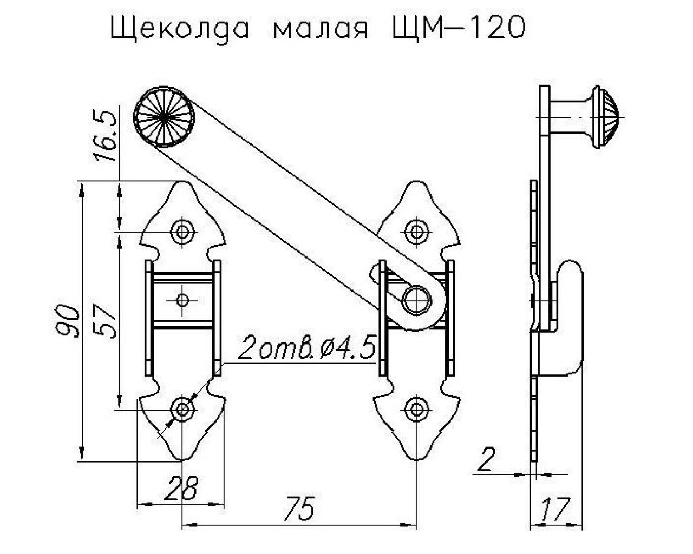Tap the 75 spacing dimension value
(299, 509)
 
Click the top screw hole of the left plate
(182, 232)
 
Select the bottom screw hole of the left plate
(182, 410)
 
